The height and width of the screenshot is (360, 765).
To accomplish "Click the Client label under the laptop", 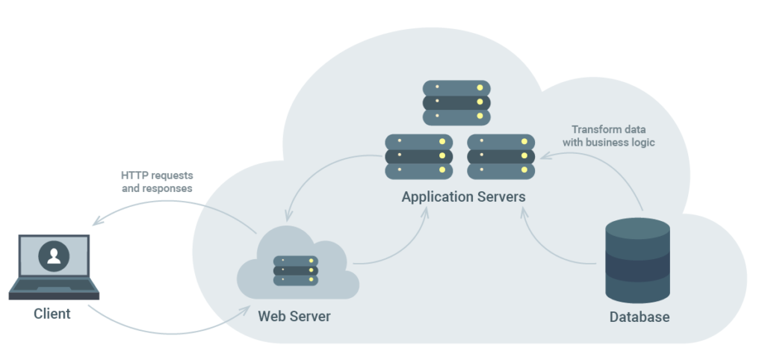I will pos(52,314).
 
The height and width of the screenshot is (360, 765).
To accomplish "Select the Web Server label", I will pos(294,316).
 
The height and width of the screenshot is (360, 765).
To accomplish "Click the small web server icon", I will pos(296,270).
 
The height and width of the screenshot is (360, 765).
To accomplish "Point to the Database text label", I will pos(639,317).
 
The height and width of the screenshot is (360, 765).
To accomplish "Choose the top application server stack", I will pos(456,102).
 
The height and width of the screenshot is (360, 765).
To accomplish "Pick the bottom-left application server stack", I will pos(419,156).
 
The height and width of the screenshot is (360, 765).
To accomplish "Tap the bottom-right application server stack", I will pos(501,156).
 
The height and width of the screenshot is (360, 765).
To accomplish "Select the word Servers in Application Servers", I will pos(501,197).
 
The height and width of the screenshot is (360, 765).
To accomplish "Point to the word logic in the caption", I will pos(640,142).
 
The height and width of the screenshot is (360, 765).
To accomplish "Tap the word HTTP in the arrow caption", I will pos(134,176).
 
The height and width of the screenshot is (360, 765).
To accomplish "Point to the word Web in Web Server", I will pos(271,316).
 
